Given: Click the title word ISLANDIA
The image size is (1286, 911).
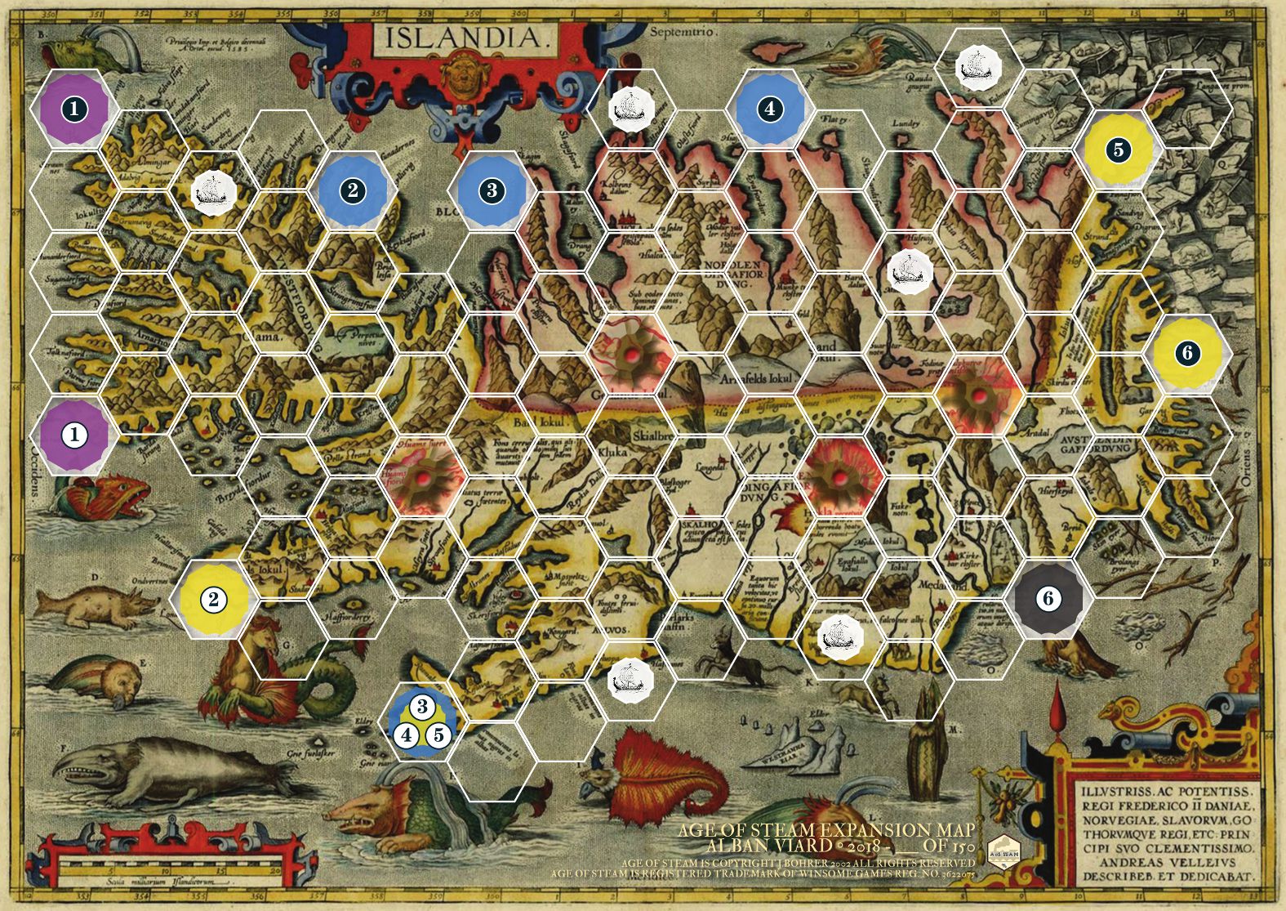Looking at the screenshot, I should (x=463, y=37).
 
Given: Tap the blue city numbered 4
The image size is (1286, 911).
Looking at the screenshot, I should (x=769, y=109).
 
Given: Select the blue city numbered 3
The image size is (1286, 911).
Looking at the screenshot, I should (x=491, y=190).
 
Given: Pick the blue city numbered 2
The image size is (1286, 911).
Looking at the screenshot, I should (x=352, y=190).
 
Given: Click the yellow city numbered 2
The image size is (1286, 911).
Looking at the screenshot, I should (x=213, y=599).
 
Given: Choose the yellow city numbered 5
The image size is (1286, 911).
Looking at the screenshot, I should (x=1118, y=150).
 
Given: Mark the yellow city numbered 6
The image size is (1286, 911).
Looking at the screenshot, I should (x=1187, y=353).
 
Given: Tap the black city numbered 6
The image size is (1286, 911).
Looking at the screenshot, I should (x=1048, y=598).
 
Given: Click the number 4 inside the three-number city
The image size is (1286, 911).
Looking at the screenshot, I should (x=406, y=735).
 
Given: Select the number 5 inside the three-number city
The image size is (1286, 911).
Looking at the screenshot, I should (x=438, y=735).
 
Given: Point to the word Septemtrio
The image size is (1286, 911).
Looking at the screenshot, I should (x=683, y=32).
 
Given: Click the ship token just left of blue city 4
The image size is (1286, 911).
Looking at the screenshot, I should (x=630, y=108).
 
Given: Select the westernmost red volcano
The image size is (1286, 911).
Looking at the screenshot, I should (x=422, y=477).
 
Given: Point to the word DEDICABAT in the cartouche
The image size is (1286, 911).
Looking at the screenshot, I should (x=1211, y=876).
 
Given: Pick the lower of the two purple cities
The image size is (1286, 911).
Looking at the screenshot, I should (x=74, y=435).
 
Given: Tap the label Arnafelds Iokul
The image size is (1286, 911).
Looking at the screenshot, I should (x=756, y=378).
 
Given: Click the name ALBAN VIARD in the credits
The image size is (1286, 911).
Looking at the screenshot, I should (x=757, y=846).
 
